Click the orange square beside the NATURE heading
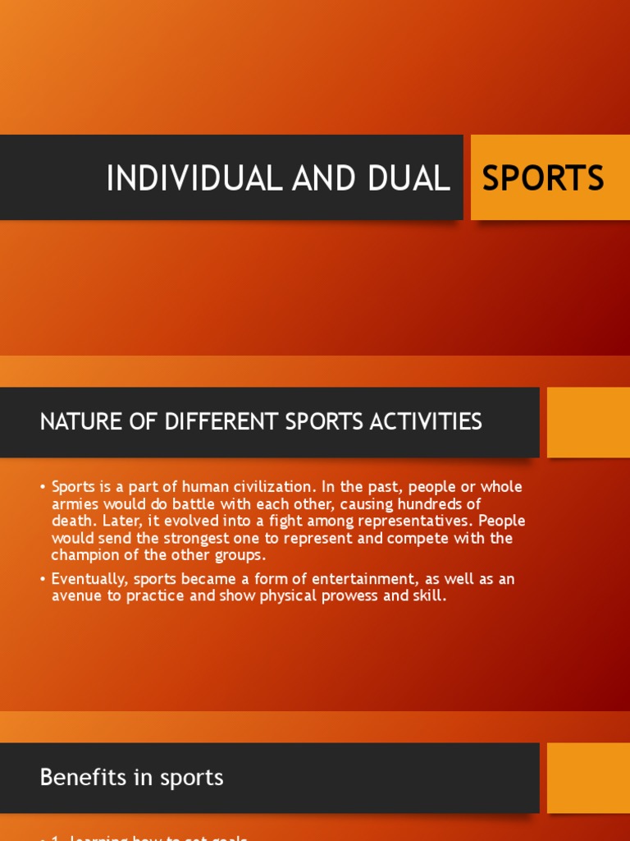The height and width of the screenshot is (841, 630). click(x=587, y=422)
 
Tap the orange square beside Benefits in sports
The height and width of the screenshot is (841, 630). click(x=587, y=778)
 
